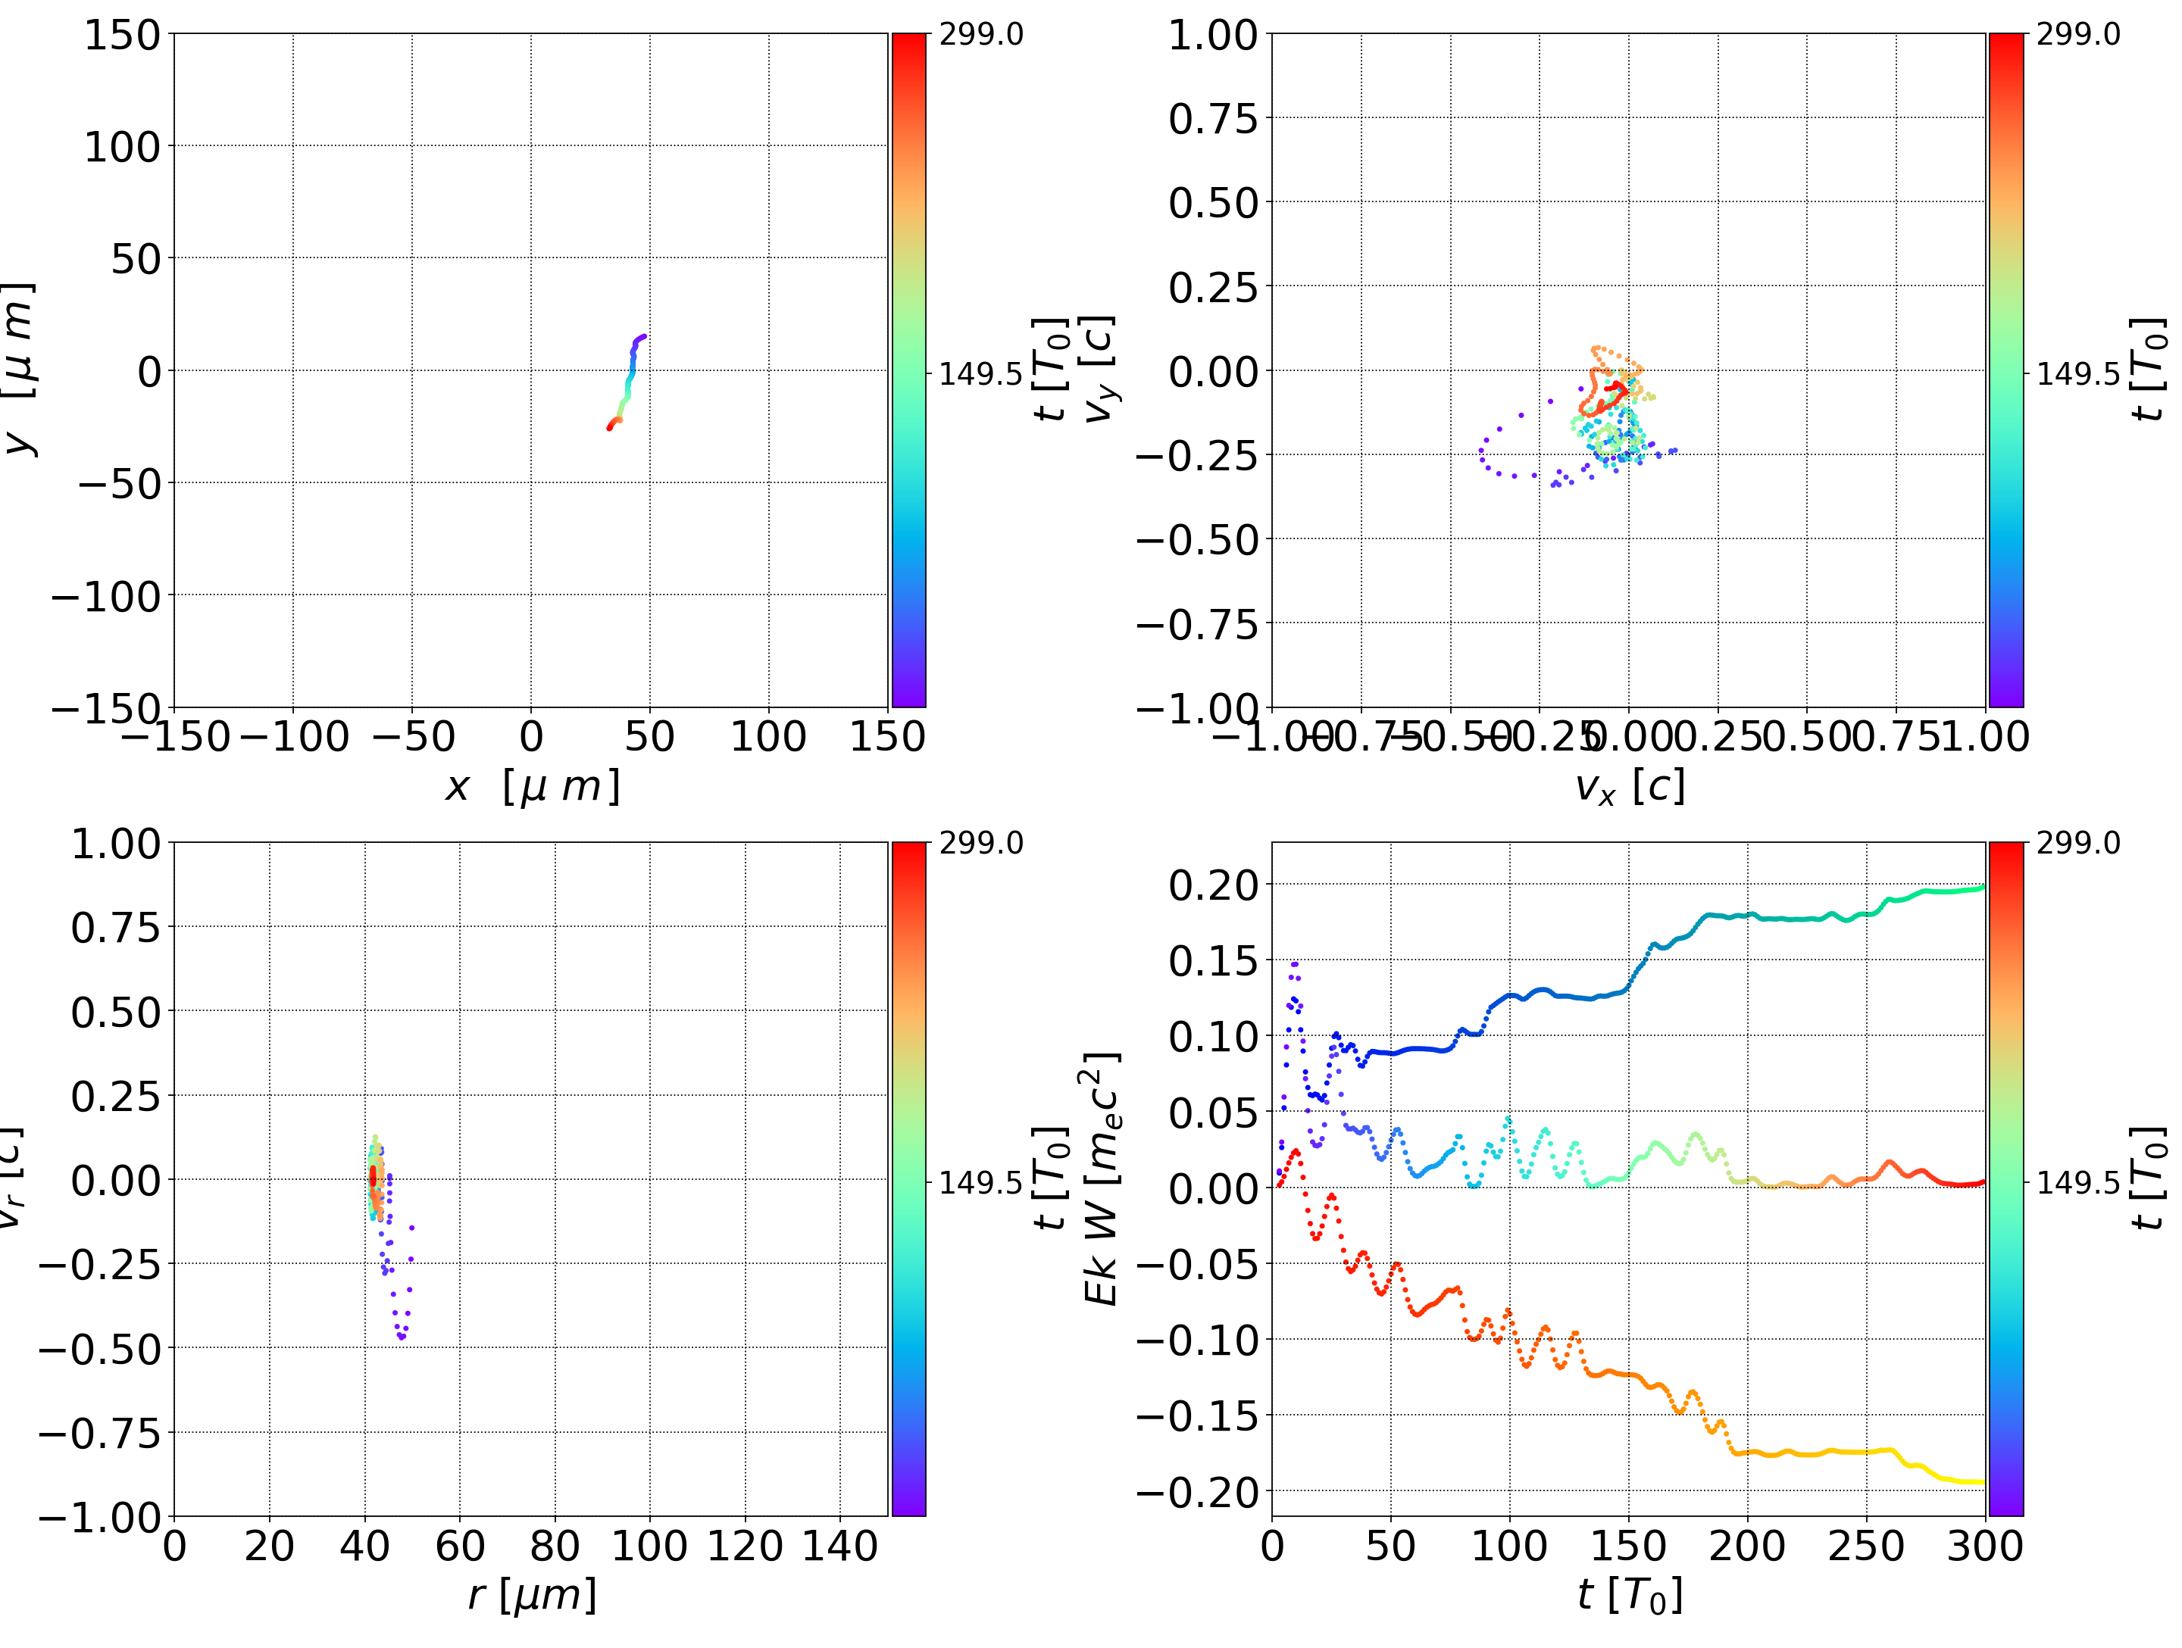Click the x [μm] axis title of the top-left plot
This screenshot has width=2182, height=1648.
532,787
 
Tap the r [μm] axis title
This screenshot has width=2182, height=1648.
532,1595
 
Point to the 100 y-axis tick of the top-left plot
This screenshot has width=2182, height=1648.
121,147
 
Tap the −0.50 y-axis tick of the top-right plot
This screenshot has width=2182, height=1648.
1198,539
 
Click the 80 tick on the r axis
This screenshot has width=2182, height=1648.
555,1547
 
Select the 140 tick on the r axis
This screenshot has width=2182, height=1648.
839,1547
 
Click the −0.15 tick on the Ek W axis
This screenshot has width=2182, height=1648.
1198,1416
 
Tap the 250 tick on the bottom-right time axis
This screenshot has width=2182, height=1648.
1865,1547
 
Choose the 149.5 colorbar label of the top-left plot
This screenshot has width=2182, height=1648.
980,374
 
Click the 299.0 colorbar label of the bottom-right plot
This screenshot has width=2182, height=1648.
2077,843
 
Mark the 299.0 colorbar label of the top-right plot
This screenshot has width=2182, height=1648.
2077,35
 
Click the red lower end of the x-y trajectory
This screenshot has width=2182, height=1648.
610,427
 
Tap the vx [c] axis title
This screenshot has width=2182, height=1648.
1629,787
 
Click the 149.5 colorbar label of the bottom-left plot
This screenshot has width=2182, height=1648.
980,1181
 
